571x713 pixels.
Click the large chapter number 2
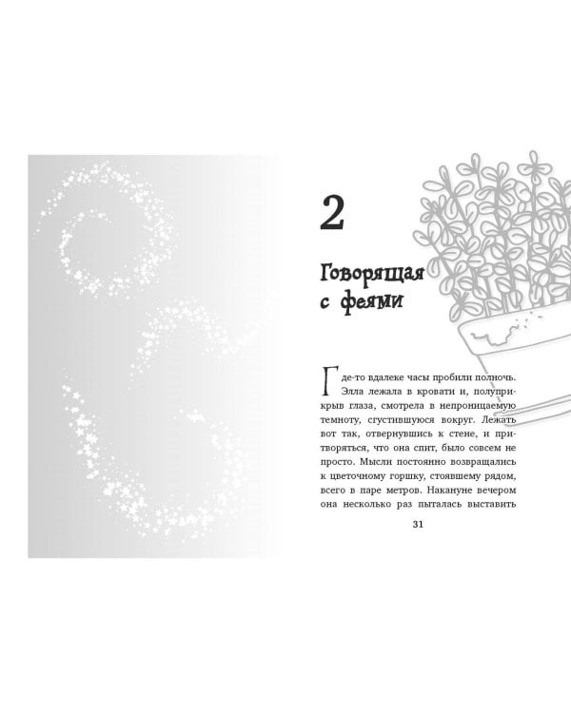point(333,213)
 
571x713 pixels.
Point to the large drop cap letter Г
point(330,382)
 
